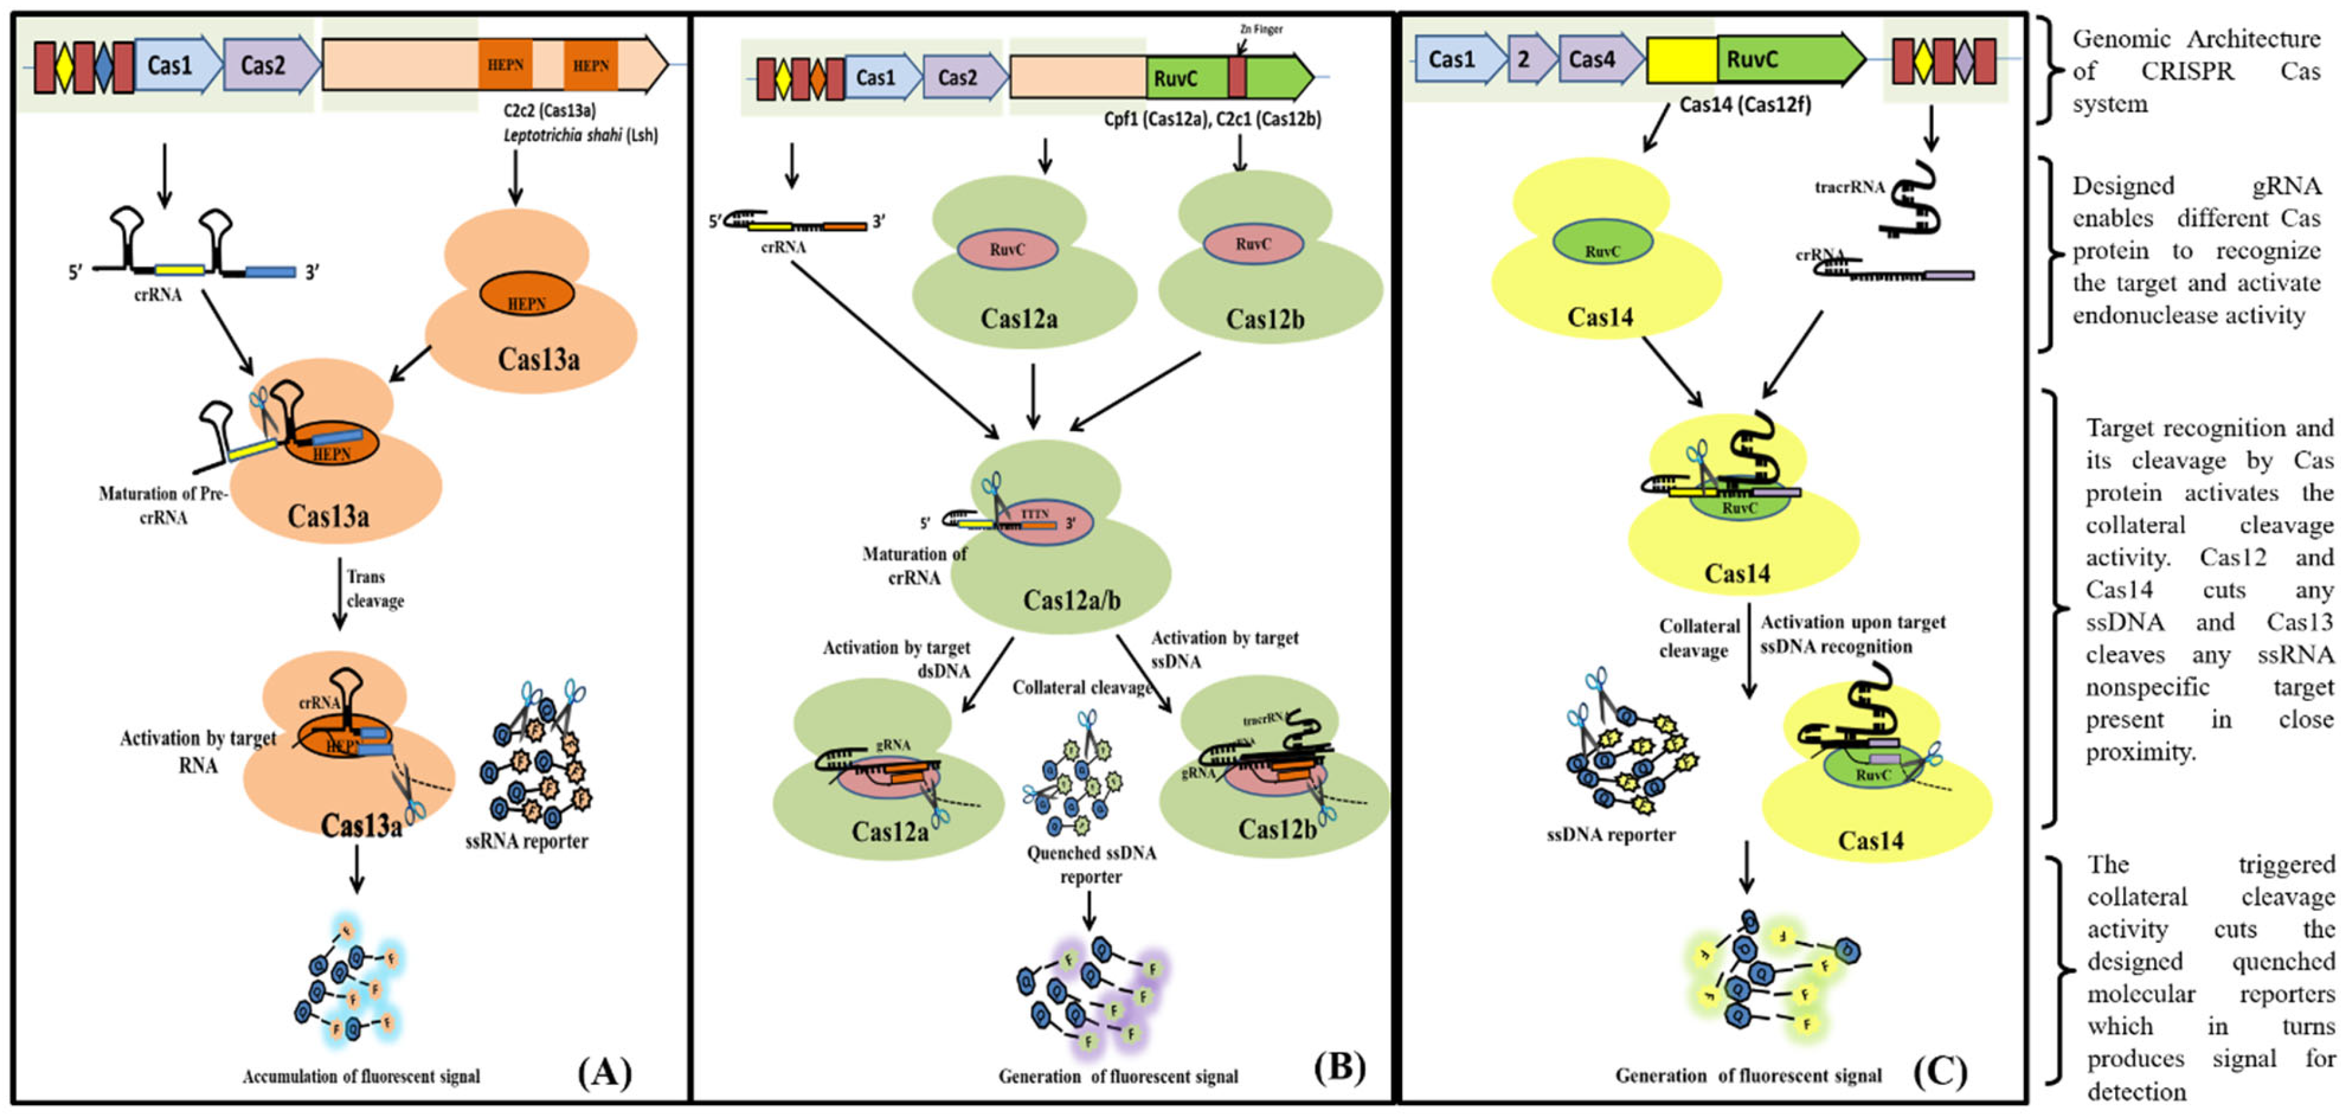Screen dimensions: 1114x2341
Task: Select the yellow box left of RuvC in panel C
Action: pyautogui.click(x=1681, y=60)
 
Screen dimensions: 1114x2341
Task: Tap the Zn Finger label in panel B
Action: pyautogui.click(x=1261, y=29)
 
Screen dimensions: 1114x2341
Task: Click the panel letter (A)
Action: pyautogui.click(x=604, y=1072)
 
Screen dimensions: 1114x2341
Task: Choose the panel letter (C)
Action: pyautogui.click(x=1940, y=1072)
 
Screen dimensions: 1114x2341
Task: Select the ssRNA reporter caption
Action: pyautogui.click(x=526, y=841)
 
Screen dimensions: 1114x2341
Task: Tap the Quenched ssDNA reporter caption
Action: pyautogui.click(x=1091, y=864)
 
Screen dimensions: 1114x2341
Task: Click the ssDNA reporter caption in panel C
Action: pyautogui.click(x=1610, y=834)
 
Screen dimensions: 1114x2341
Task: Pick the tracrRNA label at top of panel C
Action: pyautogui.click(x=1850, y=187)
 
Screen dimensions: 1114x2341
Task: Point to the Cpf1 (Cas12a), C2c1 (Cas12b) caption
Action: pyautogui.click(x=1212, y=119)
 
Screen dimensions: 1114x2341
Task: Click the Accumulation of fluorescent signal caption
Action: pyautogui.click(x=361, y=1077)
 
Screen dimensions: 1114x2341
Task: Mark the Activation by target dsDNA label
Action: pyautogui.click(x=897, y=659)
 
